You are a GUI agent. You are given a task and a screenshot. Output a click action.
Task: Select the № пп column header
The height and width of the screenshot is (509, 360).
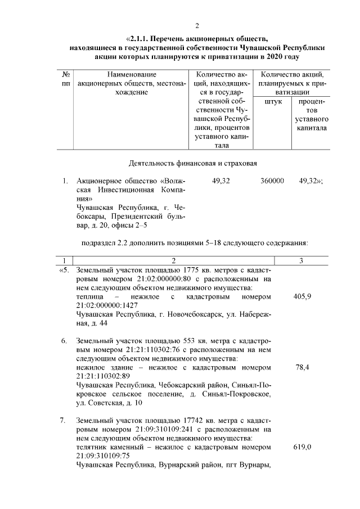(x=66, y=78)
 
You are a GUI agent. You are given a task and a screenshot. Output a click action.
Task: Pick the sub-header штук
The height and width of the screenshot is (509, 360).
(x=272, y=101)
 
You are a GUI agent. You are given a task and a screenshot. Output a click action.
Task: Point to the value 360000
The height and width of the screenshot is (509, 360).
(x=272, y=181)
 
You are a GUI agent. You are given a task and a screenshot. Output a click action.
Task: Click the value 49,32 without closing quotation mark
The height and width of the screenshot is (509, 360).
(x=221, y=181)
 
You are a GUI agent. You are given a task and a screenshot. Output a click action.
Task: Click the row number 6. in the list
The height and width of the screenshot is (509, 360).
(x=64, y=341)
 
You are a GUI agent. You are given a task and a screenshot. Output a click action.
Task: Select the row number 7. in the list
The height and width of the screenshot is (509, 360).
(x=64, y=421)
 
